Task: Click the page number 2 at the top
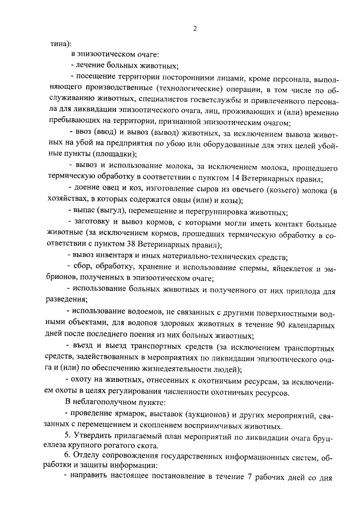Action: [194, 29]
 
